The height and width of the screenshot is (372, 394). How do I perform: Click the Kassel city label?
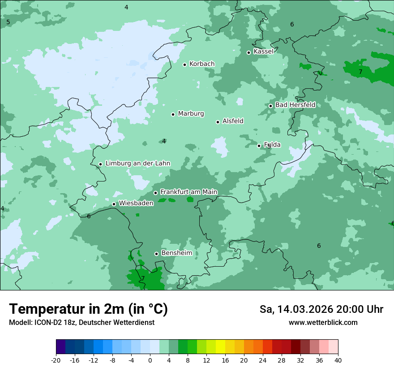(x=263, y=52)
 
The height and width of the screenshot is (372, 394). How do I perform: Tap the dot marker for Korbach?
(x=184, y=65)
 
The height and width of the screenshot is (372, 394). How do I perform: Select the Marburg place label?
(x=191, y=114)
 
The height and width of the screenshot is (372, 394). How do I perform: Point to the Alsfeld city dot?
(x=218, y=122)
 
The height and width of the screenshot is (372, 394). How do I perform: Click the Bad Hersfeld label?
(x=295, y=105)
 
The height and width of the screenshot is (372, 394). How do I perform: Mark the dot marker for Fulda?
(x=259, y=146)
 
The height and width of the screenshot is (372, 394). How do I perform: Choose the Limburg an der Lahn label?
(x=137, y=164)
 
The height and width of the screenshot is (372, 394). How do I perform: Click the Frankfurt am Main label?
(x=188, y=192)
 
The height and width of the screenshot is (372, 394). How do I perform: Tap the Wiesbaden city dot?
(x=114, y=204)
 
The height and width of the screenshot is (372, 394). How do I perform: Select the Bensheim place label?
(x=176, y=253)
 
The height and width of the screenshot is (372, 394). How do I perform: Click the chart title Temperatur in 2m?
(x=88, y=309)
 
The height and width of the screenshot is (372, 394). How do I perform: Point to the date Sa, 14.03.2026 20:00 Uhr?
(x=321, y=309)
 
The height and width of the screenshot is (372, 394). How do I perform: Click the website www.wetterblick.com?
(x=323, y=323)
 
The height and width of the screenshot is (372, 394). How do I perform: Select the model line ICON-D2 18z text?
(x=81, y=323)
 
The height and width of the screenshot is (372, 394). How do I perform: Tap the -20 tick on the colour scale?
(x=56, y=360)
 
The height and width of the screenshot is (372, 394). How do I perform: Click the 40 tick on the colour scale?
(x=338, y=360)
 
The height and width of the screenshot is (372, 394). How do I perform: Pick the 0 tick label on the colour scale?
(x=150, y=360)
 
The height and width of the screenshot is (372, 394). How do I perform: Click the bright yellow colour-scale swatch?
(x=220, y=347)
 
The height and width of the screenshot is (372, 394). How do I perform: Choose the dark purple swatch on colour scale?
(x=61, y=347)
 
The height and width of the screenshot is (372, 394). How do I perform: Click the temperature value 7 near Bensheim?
(x=143, y=278)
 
